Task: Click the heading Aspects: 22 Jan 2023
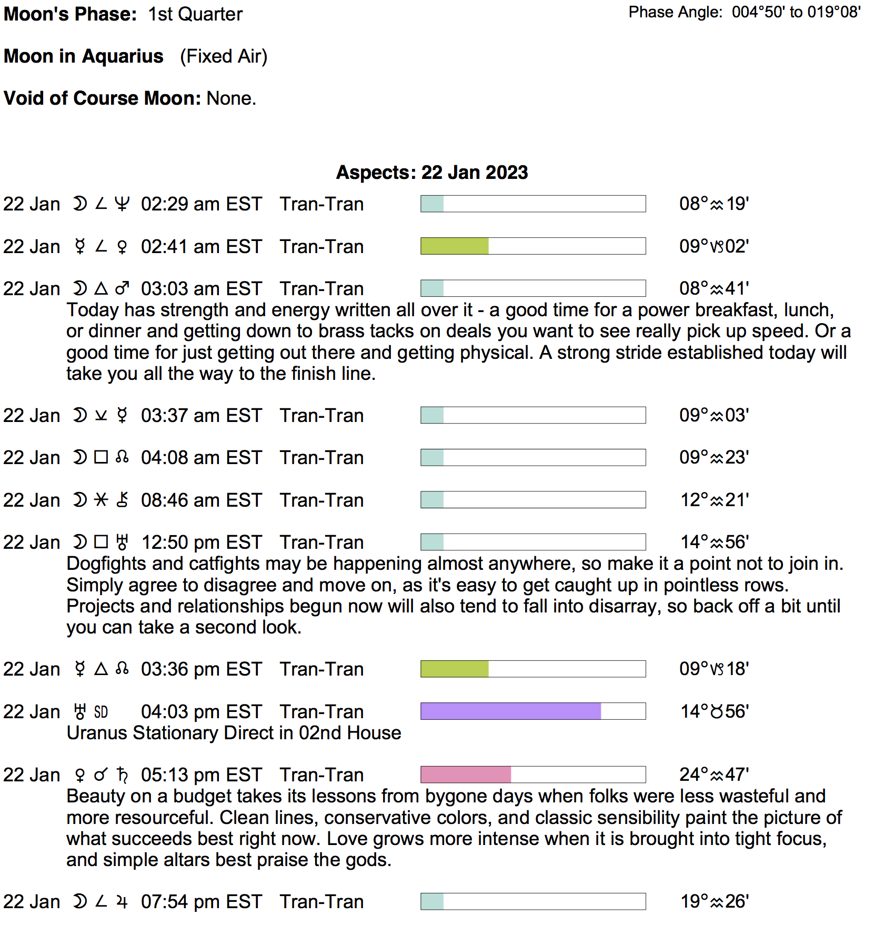click(x=431, y=173)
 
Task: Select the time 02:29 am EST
click(x=201, y=204)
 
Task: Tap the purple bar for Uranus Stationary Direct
click(x=510, y=711)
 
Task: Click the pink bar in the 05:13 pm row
click(x=466, y=775)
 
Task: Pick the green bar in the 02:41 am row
click(x=455, y=246)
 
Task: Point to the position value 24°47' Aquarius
click(x=714, y=775)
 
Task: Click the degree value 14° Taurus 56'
click(x=715, y=711)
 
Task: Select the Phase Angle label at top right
click(x=676, y=12)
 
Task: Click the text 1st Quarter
click(x=195, y=14)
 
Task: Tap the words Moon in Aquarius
click(x=84, y=56)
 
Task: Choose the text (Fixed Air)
click(x=224, y=56)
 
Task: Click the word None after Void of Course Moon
click(x=231, y=98)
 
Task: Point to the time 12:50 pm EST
click(x=201, y=542)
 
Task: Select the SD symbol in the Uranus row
click(x=101, y=712)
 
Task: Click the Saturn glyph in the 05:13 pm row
click(x=123, y=775)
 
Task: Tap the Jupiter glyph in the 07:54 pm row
click(x=122, y=902)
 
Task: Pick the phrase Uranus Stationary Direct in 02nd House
click(x=234, y=733)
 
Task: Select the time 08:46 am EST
click(x=201, y=500)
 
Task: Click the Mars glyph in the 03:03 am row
click(x=123, y=288)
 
